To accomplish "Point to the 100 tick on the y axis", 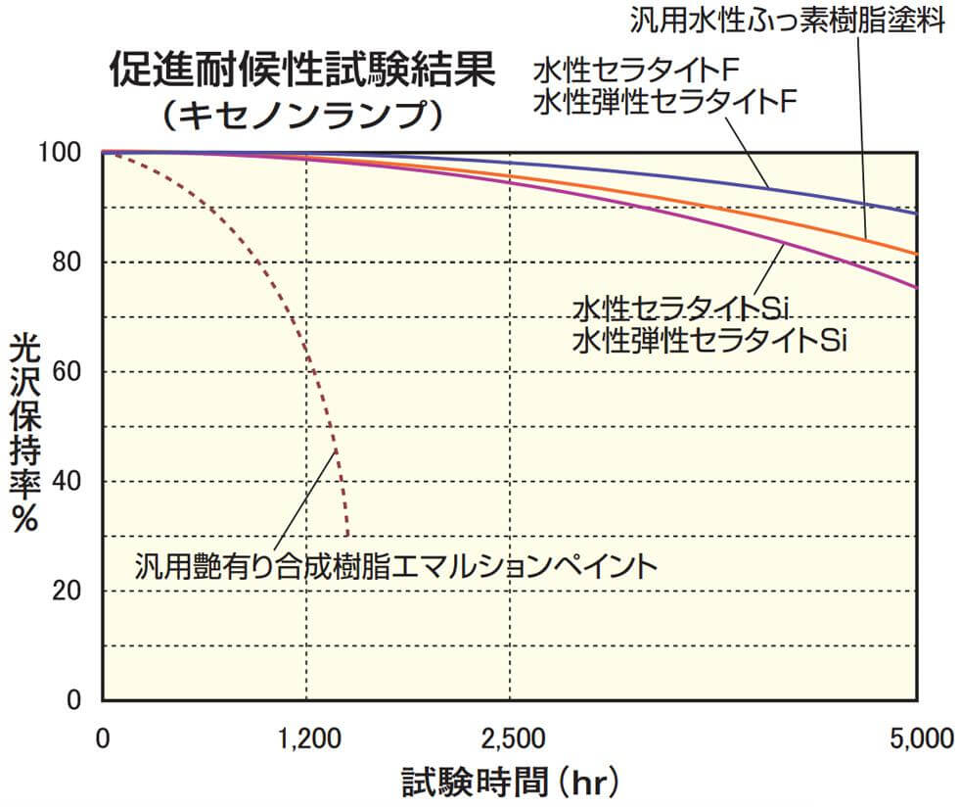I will pyautogui.click(x=75, y=153).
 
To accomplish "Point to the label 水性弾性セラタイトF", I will pyautogui.click(x=661, y=102).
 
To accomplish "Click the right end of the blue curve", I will pyautogui.click(x=917, y=213).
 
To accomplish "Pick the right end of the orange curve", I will pyautogui.click(x=917, y=254).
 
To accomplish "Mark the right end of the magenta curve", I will pyautogui.click(x=917, y=287).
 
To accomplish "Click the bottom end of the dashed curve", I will pyautogui.click(x=347, y=534).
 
